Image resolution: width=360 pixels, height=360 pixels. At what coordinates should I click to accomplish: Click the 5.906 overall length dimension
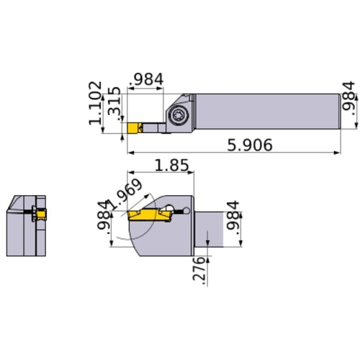(249, 145)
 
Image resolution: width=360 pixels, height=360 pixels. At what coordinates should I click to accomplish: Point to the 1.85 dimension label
(173, 165)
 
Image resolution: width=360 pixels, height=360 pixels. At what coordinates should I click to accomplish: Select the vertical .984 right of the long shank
(348, 99)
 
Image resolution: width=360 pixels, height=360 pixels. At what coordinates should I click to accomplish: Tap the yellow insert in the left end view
(40, 214)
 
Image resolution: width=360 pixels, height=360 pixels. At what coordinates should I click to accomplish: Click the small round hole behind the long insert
(186, 211)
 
